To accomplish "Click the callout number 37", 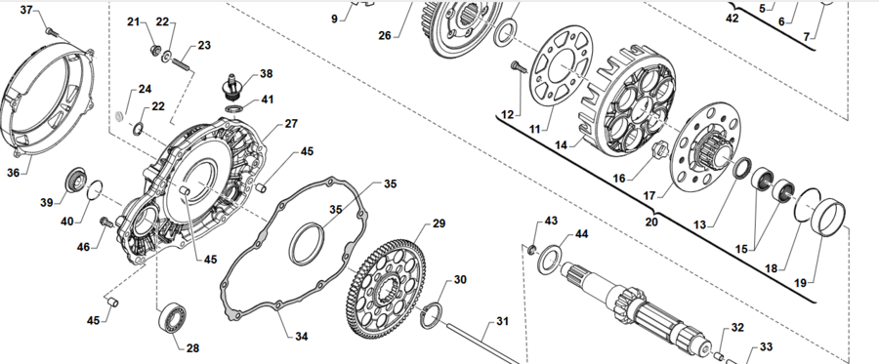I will [x=26, y=10].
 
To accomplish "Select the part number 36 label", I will [x=13, y=173].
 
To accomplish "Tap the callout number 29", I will [x=439, y=223].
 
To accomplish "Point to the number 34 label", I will [x=301, y=336].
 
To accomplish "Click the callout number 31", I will [x=502, y=321].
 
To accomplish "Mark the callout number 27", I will [x=291, y=124].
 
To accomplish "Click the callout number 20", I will [x=651, y=222].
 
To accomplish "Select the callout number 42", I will [x=733, y=18].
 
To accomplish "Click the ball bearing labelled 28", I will [x=173, y=319].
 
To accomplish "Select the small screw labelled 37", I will [x=49, y=30].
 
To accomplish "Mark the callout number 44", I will [x=581, y=234].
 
